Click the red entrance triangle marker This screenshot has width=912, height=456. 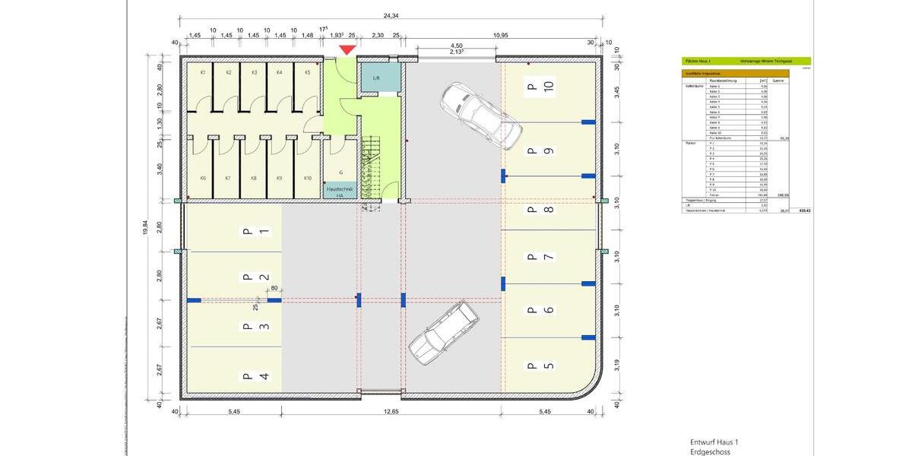pos(347,50)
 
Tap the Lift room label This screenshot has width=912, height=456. pos(376,78)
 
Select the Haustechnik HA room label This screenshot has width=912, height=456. pos(340,191)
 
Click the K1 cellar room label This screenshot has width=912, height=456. pos(204,72)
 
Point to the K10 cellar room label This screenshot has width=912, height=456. pos(308,178)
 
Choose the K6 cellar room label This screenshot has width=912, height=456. pos(203,178)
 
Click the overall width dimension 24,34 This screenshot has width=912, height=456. pos(391,15)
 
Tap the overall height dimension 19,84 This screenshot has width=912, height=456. pos(145,226)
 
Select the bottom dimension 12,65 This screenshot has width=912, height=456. pos(391,412)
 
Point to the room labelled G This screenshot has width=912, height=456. pos(340,173)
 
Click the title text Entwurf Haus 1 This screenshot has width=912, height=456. pos(714,442)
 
